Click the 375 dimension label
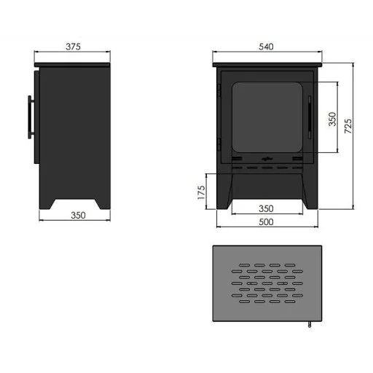[73, 47]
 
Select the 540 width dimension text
[266, 47]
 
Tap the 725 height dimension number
[348, 126]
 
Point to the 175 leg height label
[201, 192]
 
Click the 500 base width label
[266, 222]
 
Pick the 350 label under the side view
[78, 215]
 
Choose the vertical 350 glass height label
[332, 119]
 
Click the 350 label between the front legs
[266, 208]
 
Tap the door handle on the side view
[31, 117]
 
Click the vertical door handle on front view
[310, 117]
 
